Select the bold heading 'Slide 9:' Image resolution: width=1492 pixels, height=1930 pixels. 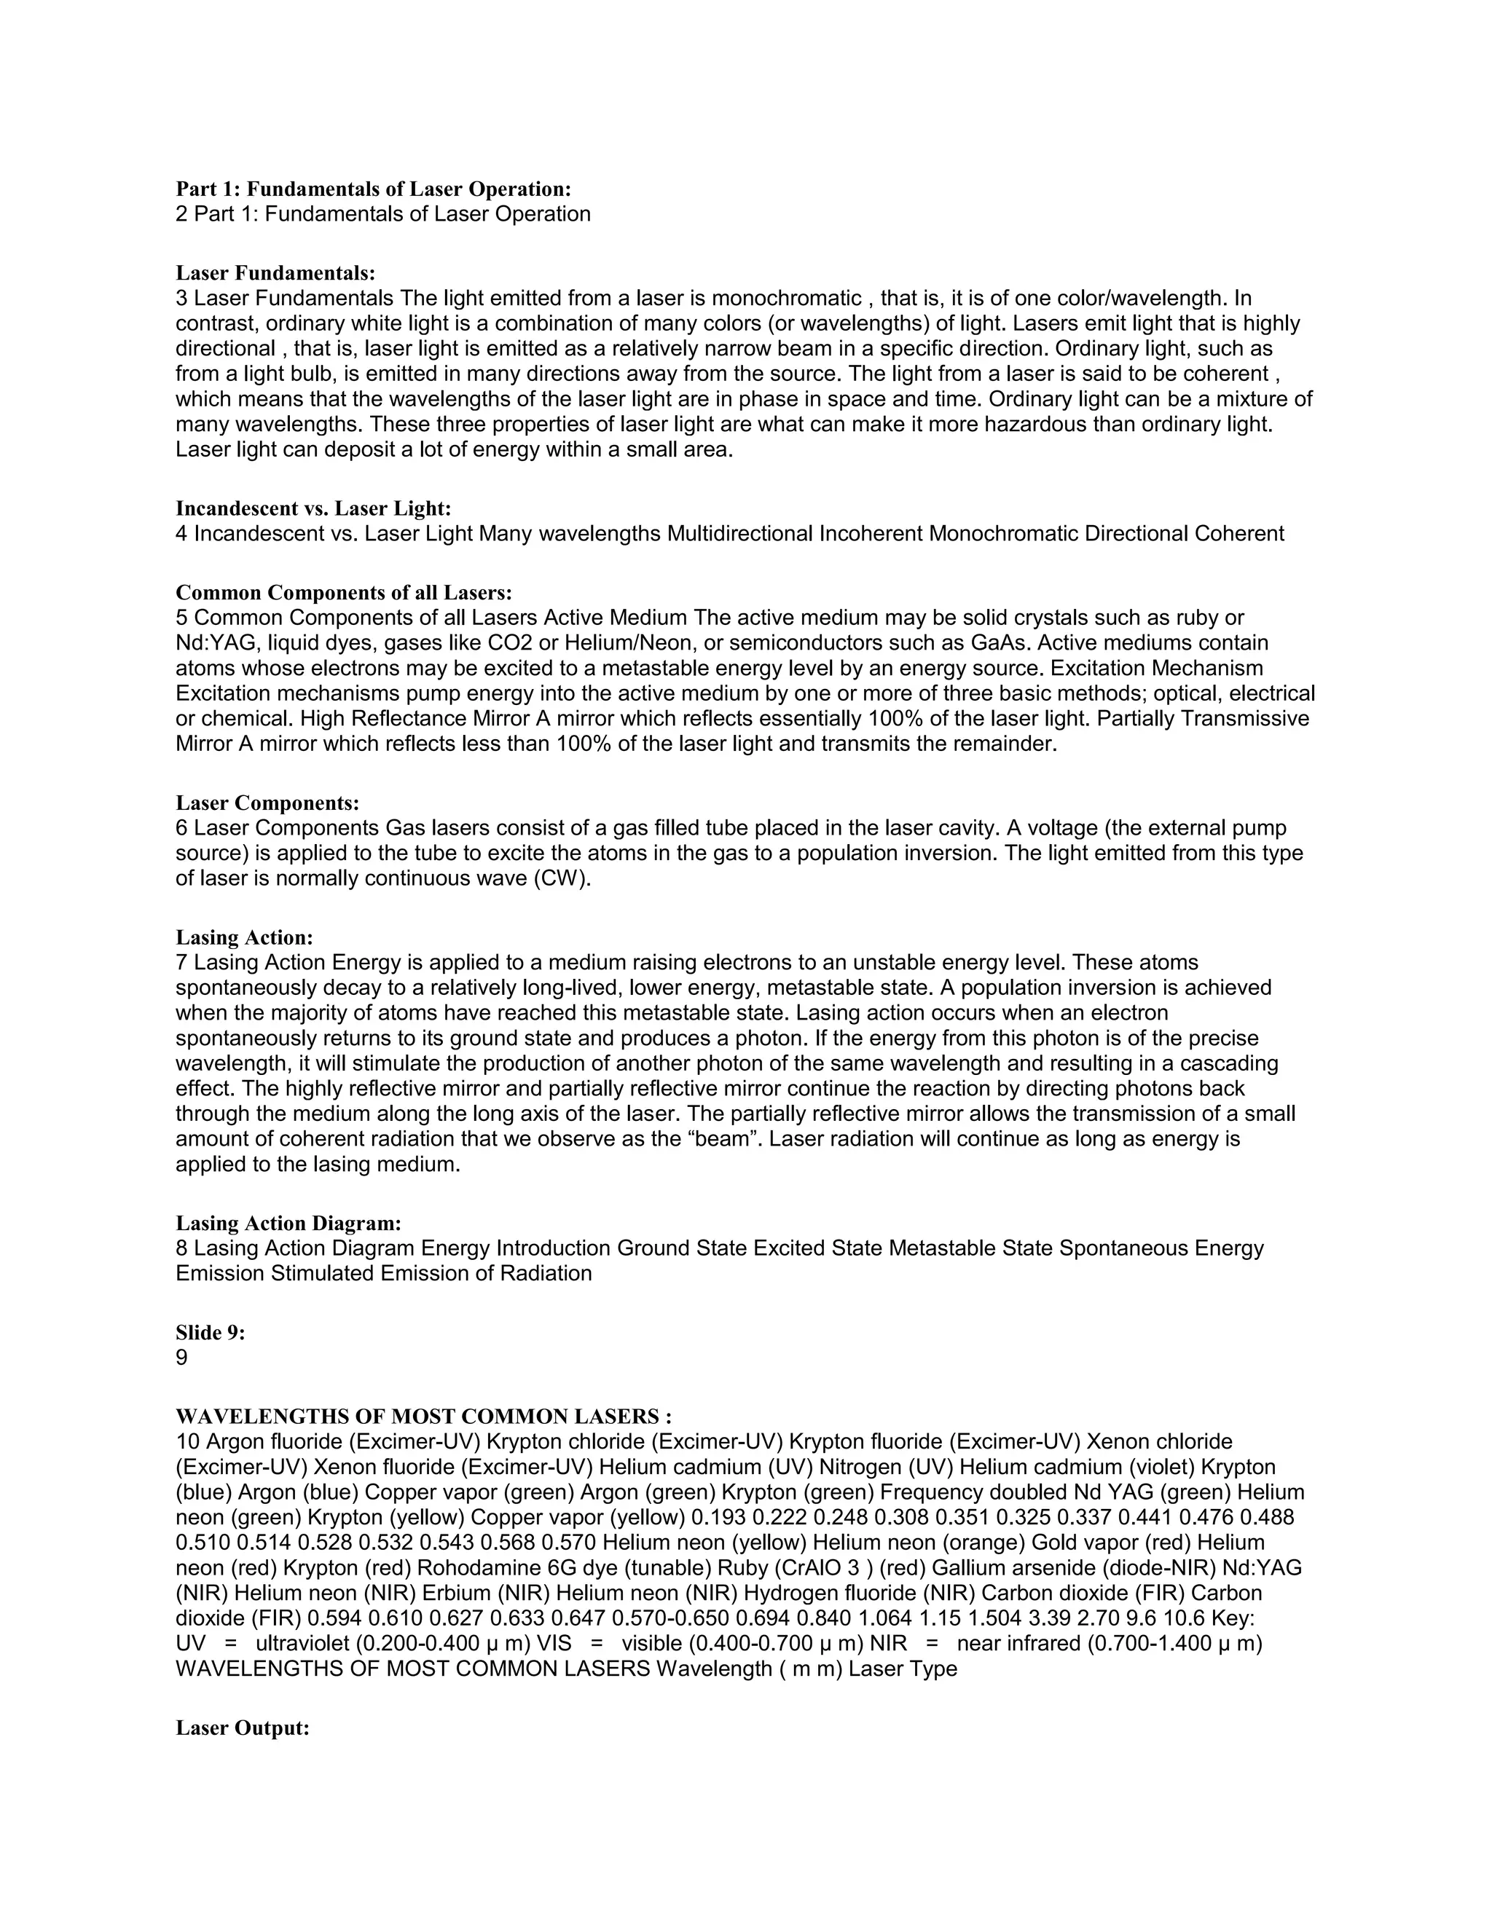(211, 1333)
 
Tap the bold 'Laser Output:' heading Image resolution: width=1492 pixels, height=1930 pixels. (242, 1728)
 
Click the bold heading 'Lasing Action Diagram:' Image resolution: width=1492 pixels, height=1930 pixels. (288, 1223)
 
